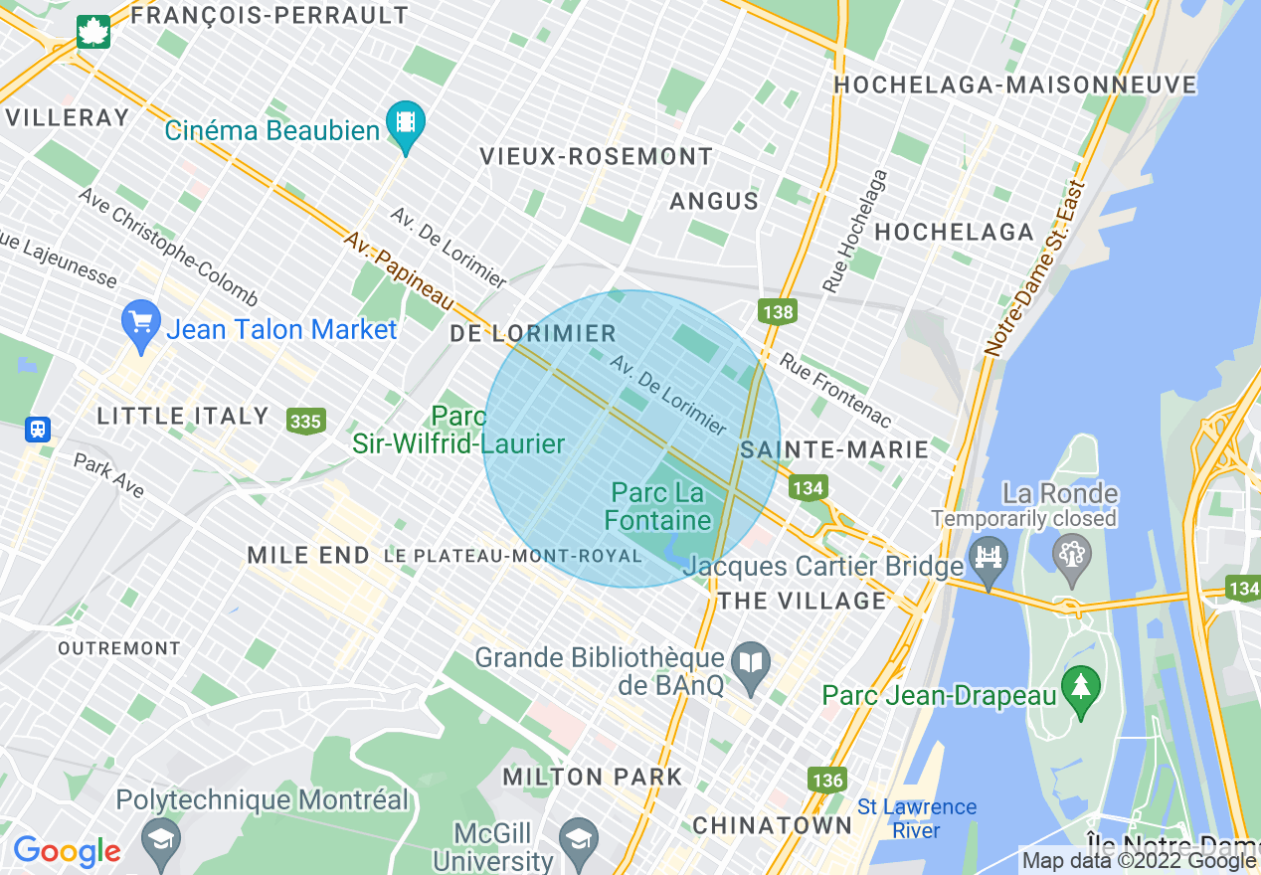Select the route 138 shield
778,312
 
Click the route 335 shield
305,421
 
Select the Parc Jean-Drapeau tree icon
1080,685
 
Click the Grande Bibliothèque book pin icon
751,663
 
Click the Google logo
67,851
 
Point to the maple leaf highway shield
93,32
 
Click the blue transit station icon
38,430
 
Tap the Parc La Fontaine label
657,506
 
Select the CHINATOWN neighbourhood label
772,825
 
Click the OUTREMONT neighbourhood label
119,648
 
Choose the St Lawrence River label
917,818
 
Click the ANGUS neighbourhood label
714,201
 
